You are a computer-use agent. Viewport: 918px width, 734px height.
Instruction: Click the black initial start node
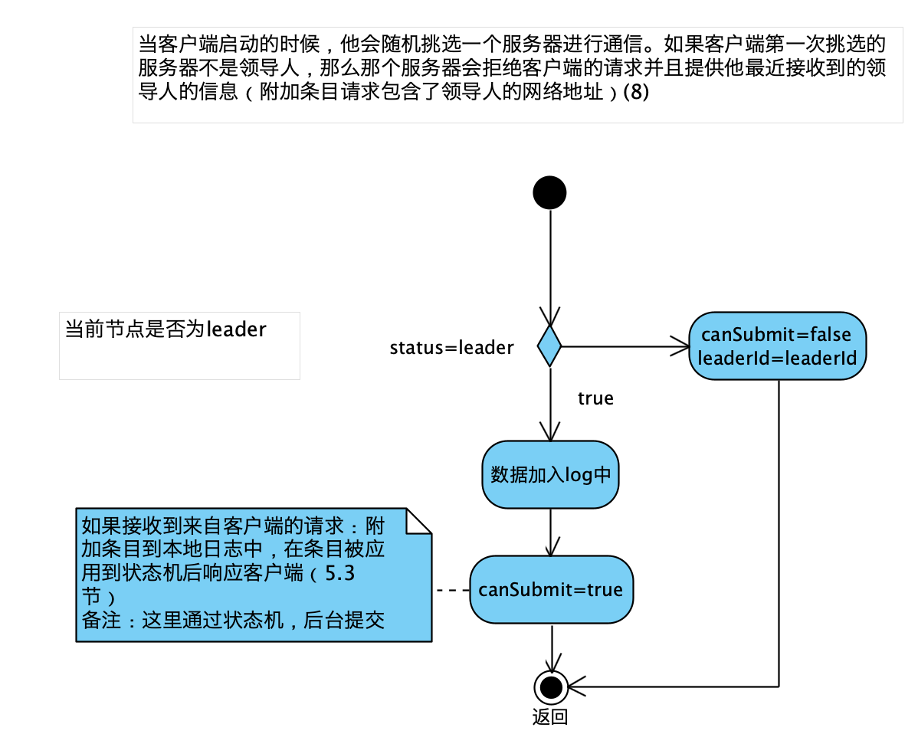click(549, 192)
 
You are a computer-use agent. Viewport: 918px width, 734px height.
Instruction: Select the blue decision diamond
click(549, 346)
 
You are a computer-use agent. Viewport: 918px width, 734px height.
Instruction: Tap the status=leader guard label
click(451, 348)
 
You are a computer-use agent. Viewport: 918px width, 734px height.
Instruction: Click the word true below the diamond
click(595, 398)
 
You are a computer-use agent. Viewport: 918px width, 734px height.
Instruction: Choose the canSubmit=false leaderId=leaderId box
click(778, 346)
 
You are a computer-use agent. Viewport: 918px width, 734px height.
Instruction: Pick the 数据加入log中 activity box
click(550, 474)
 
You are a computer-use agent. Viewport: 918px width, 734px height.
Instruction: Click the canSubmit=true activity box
click(551, 589)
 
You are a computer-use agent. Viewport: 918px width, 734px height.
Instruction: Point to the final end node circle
click(549, 686)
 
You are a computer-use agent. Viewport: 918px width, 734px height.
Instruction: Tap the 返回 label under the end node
click(549, 718)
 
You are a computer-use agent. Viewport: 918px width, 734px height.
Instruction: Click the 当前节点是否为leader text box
click(179, 345)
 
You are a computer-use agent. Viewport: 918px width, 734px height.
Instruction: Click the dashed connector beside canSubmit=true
click(451, 590)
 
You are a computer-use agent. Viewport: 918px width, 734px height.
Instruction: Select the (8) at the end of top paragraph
click(636, 93)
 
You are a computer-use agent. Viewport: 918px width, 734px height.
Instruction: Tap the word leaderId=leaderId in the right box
click(777, 358)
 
